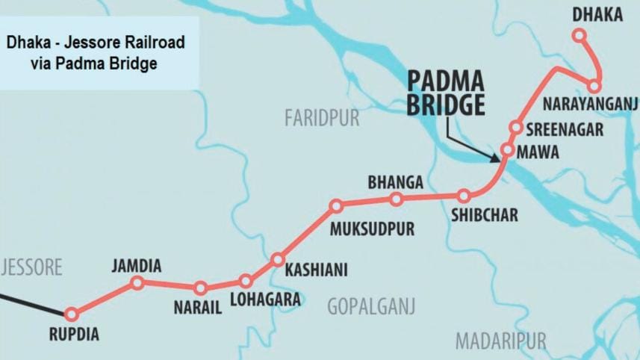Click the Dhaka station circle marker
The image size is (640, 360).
(x=579, y=34)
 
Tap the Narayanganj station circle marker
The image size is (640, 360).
(x=594, y=86)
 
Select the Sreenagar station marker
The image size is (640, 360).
(x=515, y=127)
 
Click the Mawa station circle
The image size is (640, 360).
(x=507, y=150)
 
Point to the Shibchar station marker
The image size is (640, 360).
(x=465, y=196)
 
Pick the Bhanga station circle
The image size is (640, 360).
(x=397, y=199)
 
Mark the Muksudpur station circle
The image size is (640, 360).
(x=336, y=205)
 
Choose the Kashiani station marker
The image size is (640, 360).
(x=278, y=260)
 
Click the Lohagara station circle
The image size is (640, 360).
(x=246, y=282)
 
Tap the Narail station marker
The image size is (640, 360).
(x=200, y=288)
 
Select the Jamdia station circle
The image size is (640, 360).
(x=137, y=282)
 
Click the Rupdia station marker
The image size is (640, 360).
(x=72, y=314)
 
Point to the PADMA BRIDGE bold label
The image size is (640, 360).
(x=446, y=93)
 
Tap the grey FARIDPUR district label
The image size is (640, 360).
(x=322, y=118)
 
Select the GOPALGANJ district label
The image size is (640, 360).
(x=371, y=305)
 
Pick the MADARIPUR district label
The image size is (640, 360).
(x=500, y=341)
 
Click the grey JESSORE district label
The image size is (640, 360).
(x=32, y=267)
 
